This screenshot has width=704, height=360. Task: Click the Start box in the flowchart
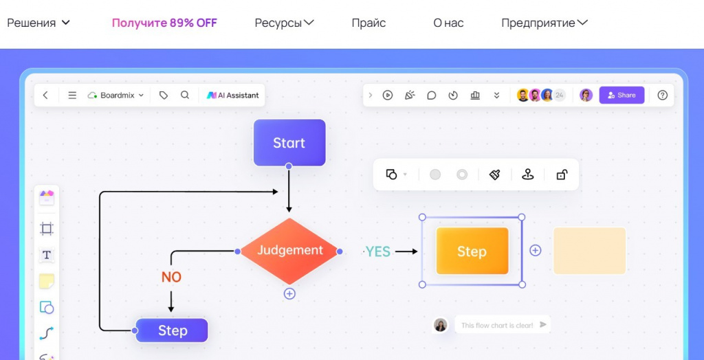point(289,143)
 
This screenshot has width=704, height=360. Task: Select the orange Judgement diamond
point(289,251)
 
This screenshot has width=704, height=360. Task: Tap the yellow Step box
point(472,251)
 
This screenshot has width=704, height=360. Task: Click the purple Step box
point(172,331)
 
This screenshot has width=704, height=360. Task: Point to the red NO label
point(171,278)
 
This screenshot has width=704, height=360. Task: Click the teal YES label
point(378,251)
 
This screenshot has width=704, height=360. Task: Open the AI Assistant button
point(232,95)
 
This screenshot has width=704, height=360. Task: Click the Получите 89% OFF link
point(164,23)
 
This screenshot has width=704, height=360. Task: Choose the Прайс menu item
point(368,23)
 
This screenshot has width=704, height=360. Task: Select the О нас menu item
point(448,23)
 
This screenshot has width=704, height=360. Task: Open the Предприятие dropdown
point(544,23)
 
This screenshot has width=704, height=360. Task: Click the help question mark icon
point(662,95)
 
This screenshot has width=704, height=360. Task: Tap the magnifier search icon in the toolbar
point(184,95)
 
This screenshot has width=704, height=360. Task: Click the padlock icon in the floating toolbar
point(561,175)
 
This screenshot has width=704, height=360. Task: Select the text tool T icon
point(46,256)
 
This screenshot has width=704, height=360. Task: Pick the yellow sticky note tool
point(47,282)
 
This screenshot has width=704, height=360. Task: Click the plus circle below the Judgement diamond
point(289,294)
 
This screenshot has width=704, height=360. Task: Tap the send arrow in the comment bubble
point(543,324)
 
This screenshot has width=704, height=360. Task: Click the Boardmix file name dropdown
point(115,95)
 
